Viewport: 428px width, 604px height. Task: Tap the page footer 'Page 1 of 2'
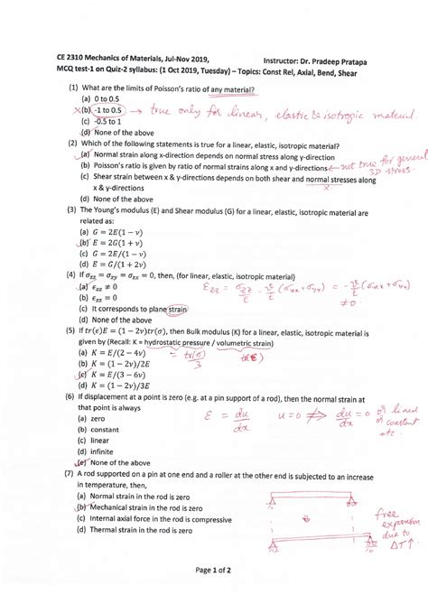pyautogui.click(x=215, y=570)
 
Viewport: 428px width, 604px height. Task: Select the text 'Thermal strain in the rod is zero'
pyautogui.click(x=146, y=531)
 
